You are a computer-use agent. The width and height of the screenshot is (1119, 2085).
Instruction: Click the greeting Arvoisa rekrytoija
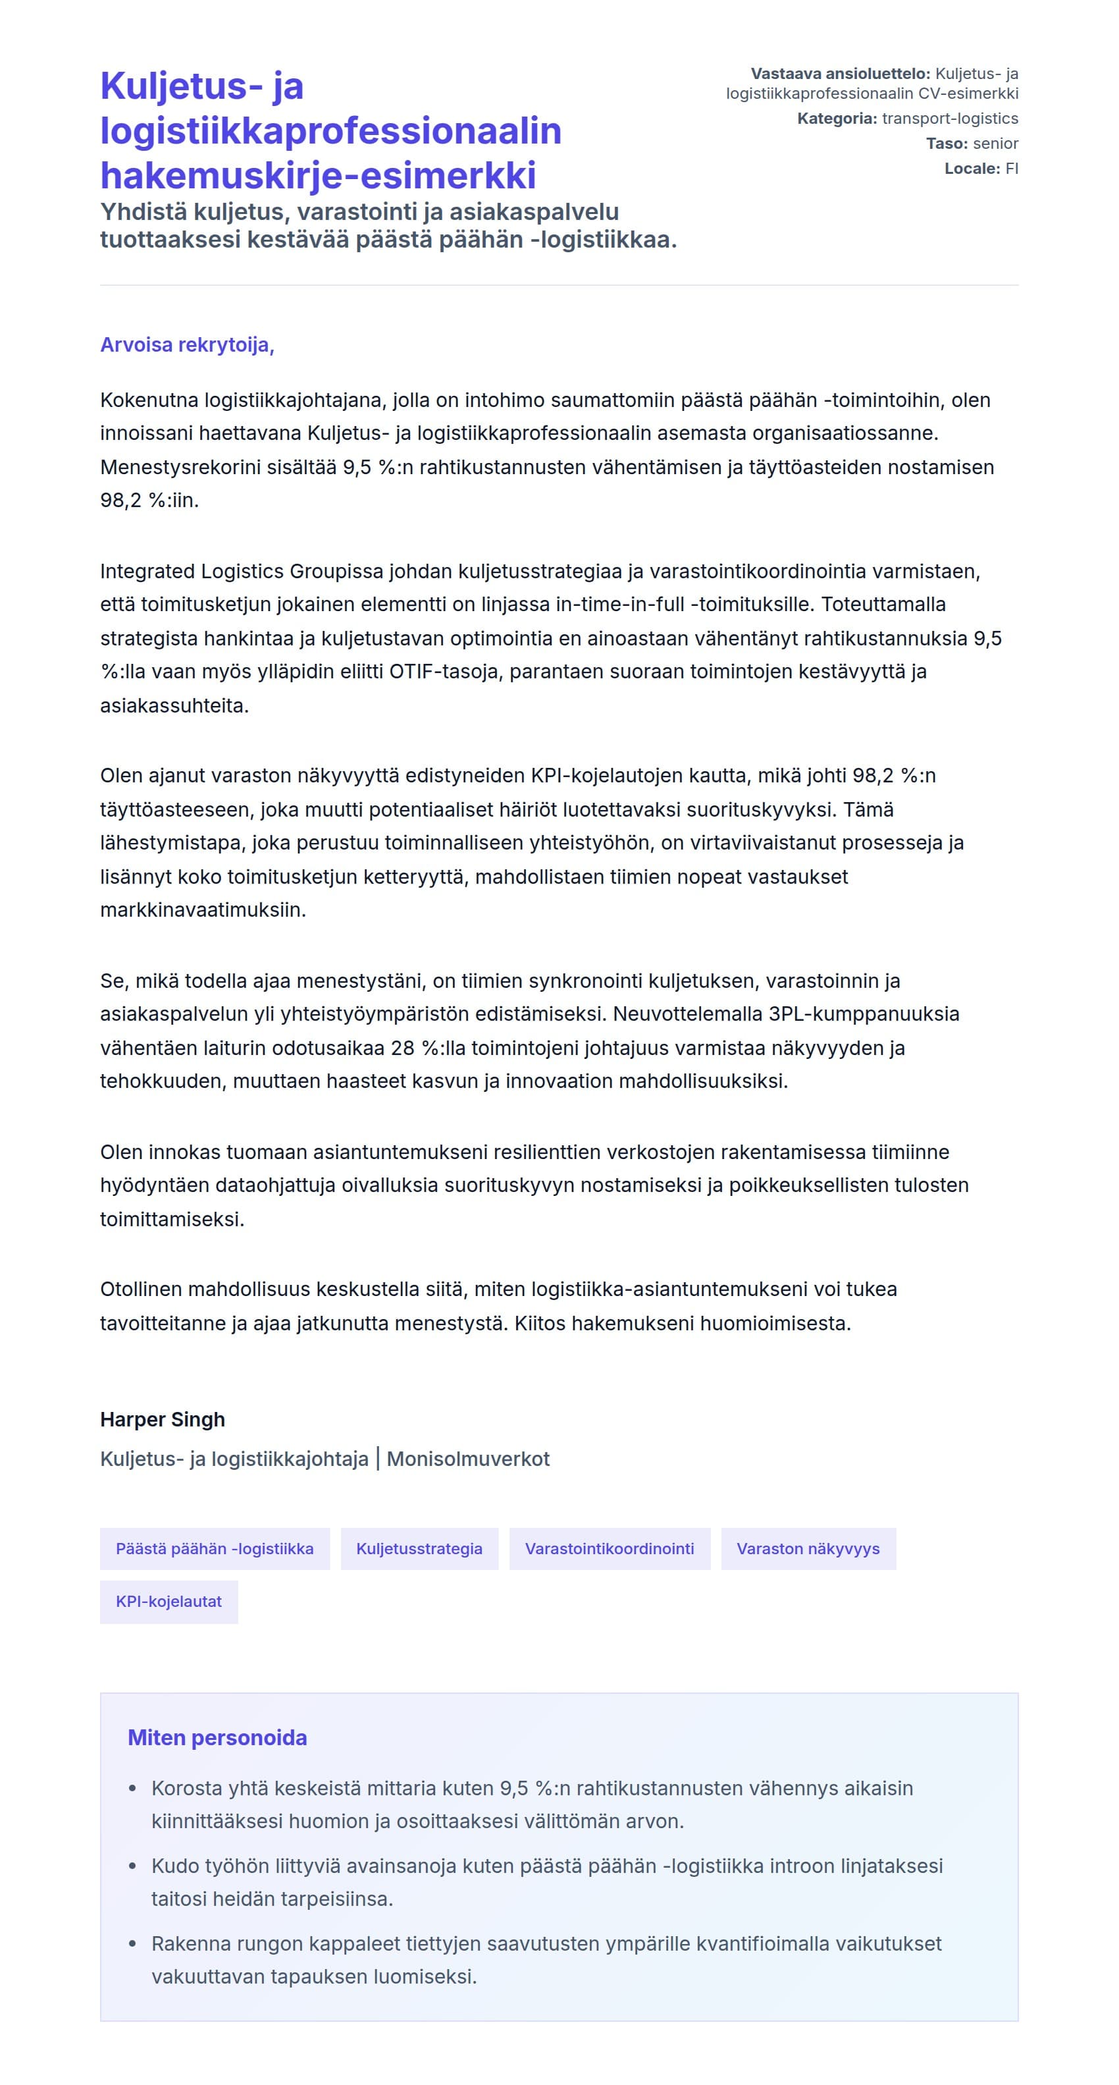[187, 345]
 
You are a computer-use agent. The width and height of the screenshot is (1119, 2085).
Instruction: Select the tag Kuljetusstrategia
[419, 1548]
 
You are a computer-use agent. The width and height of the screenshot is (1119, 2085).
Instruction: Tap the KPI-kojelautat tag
[169, 1601]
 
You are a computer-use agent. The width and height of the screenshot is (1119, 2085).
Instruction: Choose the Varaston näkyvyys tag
[808, 1548]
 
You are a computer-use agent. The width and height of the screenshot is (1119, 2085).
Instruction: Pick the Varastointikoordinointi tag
[610, 1548]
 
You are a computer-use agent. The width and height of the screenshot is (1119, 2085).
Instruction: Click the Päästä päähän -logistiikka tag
[215, 1548]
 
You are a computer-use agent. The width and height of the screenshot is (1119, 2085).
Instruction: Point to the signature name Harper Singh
[163, 1420]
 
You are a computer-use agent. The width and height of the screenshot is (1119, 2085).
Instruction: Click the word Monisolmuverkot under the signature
[467, 1459]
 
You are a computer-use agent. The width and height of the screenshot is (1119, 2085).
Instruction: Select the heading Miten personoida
[217, 1738]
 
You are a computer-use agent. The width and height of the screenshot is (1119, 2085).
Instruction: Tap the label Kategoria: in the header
[837, 118]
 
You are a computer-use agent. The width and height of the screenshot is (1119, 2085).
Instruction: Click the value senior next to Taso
[995, 144]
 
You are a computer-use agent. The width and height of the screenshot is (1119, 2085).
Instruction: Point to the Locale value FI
[1012, 169]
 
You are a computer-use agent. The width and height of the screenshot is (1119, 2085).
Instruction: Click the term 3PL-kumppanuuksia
[864, 1014]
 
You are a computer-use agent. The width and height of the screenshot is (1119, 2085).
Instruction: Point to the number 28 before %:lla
[402, 1048]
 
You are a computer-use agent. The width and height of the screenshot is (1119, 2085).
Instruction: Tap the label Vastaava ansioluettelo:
[840, 74]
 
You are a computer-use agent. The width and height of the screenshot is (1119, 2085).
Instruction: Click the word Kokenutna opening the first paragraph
[149, 400]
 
